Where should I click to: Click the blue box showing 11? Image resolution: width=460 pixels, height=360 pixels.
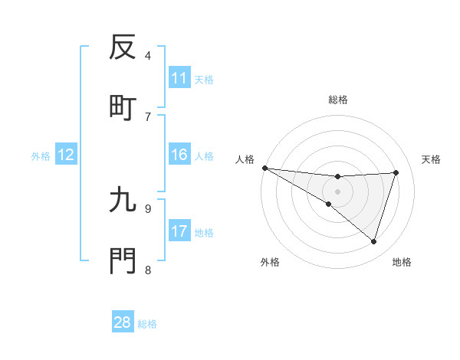tap(179, 78)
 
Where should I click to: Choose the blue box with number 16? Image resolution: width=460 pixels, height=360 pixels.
tap(179, 155)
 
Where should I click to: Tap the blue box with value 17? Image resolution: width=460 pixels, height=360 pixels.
tap(179, 231)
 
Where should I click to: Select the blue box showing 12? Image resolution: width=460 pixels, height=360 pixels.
tap(66, 155)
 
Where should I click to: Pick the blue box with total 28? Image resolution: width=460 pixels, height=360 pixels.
tap(123, 322)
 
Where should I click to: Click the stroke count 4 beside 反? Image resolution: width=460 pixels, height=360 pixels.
tap(148, 55)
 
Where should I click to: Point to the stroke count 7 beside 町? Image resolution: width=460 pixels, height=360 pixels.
tap(148, 116)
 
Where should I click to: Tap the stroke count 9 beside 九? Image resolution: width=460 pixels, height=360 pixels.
tap(148, 208)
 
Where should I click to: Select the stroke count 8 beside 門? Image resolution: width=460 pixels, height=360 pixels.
tap(148, 270)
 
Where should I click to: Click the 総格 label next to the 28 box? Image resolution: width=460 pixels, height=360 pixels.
tap(147, 324)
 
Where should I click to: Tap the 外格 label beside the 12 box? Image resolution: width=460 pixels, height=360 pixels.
tap(41, 156)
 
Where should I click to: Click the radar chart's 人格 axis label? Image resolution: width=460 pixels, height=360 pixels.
tap(245, 159)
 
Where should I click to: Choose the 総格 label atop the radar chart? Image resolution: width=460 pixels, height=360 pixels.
tap(337, 100)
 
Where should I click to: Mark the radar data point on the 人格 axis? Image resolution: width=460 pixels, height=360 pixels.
tap(264, 167)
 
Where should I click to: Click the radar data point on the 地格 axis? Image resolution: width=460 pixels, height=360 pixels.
tap(374, 241)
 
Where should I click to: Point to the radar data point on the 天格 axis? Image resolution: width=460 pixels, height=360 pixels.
tap(396, 172)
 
